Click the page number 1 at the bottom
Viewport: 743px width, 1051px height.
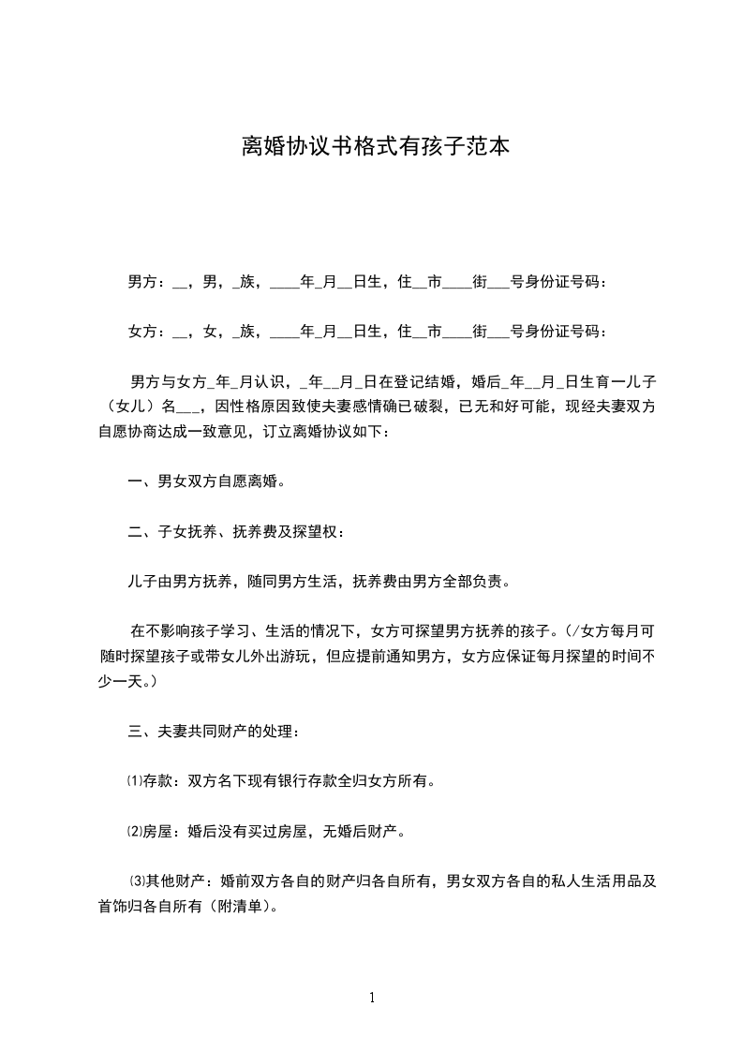372,998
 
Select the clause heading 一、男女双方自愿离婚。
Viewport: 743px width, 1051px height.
206,481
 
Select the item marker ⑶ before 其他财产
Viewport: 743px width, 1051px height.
139,881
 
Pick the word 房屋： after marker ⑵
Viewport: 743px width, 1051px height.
162,830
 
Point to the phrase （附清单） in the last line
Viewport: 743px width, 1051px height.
233,906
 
